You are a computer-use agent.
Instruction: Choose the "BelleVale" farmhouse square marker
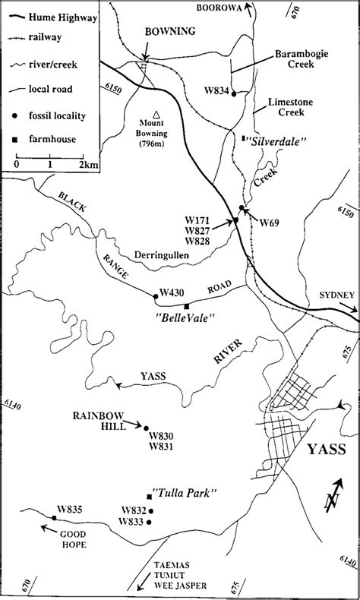[x=186, y=305]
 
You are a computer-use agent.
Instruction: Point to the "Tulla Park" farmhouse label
[x=188, y=494]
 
